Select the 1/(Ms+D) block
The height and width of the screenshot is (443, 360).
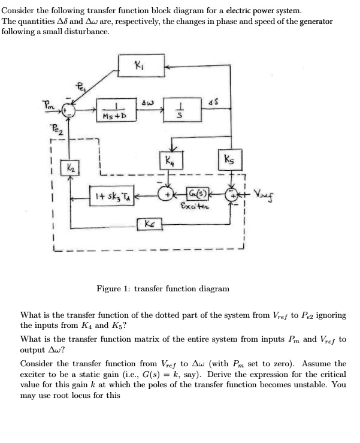coord(113,111)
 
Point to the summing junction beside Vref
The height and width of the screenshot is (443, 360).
coord(232,195)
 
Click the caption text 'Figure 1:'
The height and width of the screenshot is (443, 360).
coord(113,289)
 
